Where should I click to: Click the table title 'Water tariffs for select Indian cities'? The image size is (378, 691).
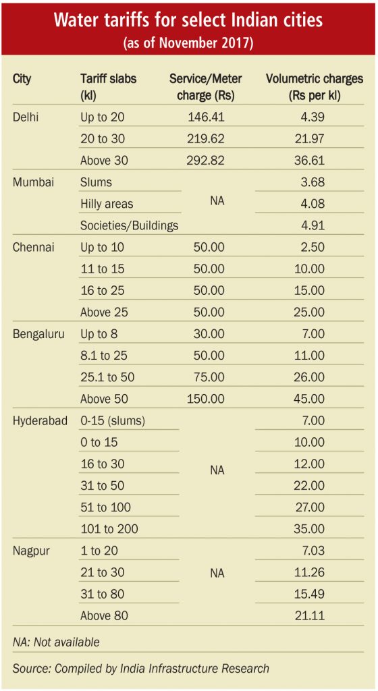coord(188,21)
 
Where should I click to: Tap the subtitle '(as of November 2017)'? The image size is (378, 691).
coord(188,44)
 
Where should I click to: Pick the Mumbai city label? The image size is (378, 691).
coord(33,182)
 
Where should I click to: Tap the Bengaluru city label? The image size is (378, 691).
coord(38,334)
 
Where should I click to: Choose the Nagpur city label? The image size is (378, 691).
coord(30,551)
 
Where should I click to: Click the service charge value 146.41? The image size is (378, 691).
coord(206,117)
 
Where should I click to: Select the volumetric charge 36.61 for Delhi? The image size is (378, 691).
coord(309,161)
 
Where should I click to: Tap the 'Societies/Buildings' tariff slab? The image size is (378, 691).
coord(129,225)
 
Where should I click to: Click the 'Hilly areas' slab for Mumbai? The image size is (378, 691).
coord(107,204)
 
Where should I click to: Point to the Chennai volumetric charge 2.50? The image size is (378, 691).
coord(313,248)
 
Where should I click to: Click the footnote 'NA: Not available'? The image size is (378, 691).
coord(56,642)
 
